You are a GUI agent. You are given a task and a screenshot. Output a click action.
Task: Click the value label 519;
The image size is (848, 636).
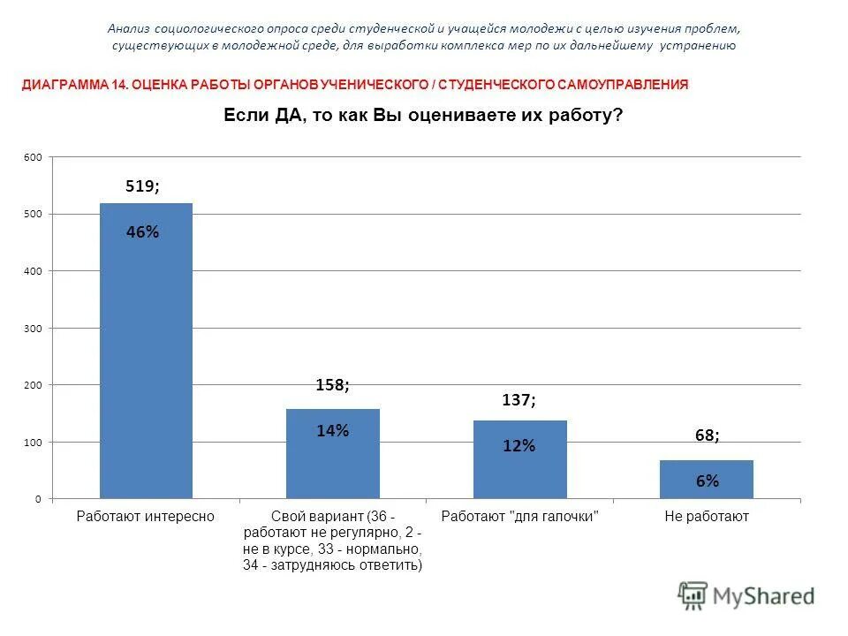click(142, 185)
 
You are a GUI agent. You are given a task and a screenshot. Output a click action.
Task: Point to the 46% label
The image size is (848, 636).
click(142, 232)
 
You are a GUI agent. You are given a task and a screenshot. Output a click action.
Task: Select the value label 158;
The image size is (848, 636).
click(333, 385)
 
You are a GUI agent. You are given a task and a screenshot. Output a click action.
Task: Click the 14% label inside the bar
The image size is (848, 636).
click(333, 431)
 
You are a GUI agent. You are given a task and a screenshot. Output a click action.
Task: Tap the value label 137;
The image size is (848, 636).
click(519, 400)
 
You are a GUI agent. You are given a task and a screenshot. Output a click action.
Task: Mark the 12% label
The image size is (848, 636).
click(519, 446)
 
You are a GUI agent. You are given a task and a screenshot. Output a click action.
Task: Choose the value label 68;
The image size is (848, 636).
click(706, 435)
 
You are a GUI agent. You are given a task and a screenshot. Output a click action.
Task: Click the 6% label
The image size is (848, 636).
click(707, 481)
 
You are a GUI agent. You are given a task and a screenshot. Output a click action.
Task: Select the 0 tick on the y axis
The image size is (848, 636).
click(38, 499)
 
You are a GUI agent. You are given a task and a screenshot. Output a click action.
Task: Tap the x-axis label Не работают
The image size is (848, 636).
click(707, 517)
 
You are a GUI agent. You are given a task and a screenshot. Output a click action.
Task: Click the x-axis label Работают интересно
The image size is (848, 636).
click(146, 517)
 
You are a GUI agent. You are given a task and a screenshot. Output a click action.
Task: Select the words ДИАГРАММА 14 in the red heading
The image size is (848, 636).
click(75, 85)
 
